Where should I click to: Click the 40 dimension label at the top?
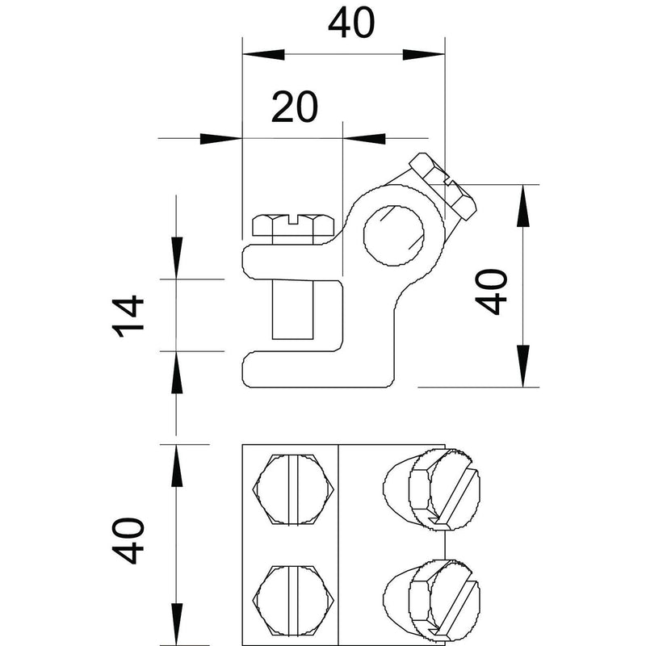pyautogui.click(x=351, y=23)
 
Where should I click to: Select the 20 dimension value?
pyautogui.click(x=295, y=107)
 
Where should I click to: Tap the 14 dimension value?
pyautogui.click(x=128, y=317)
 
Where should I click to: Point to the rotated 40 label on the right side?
pyautogui.click(x=491, y=292)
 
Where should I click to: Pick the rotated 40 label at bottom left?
pyautogui.click(x=128, y=540)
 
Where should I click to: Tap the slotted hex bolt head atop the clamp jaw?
pyautogui.click(x=293, y=225)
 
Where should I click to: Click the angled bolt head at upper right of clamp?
pyautogui.click(x=443, y=186)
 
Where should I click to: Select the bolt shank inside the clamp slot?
pyautogui.click(x=293, y=309)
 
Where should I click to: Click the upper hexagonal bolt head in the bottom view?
pyautogui.click(x=293, y=489)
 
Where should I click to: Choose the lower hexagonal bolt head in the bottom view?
pyautogui.click(x=293, y=600)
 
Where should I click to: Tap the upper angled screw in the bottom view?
pyautogui.click(x=432, y=489)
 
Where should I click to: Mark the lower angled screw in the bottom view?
pyautogui.click(x=432, y=600)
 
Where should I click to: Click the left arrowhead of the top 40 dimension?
pyautogui.click(x=264, y=54)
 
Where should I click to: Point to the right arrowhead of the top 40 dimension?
pyautogui.click(x=424, y=54)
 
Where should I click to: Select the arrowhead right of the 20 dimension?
pyautogui.click(x=364, y=138)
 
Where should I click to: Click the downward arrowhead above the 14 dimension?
pyautogui.click(x=176, y=258)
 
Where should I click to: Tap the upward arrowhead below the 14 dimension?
pyautogui.click(x=176, y=372)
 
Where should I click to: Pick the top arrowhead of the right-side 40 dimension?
pyautogui.click(x=523, y=206)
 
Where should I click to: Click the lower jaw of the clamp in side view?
pyautogui.click(x=317, y=370)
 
